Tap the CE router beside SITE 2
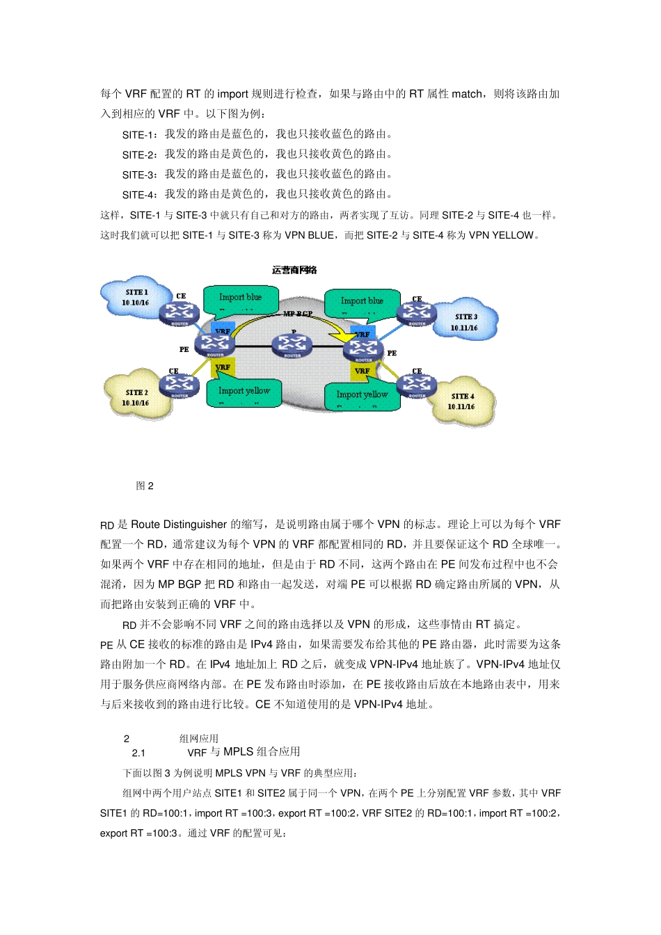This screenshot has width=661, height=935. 180,385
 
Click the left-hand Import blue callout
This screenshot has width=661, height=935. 240,298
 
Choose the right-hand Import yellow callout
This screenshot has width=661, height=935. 362,395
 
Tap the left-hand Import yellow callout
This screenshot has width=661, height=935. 244,392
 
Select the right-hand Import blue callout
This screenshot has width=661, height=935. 362,301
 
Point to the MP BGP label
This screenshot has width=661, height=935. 298,314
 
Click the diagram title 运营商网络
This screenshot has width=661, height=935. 294,270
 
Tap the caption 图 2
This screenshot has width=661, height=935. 145,486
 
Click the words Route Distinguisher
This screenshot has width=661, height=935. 179,525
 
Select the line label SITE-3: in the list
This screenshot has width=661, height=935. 140,175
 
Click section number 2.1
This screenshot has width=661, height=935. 138,753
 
